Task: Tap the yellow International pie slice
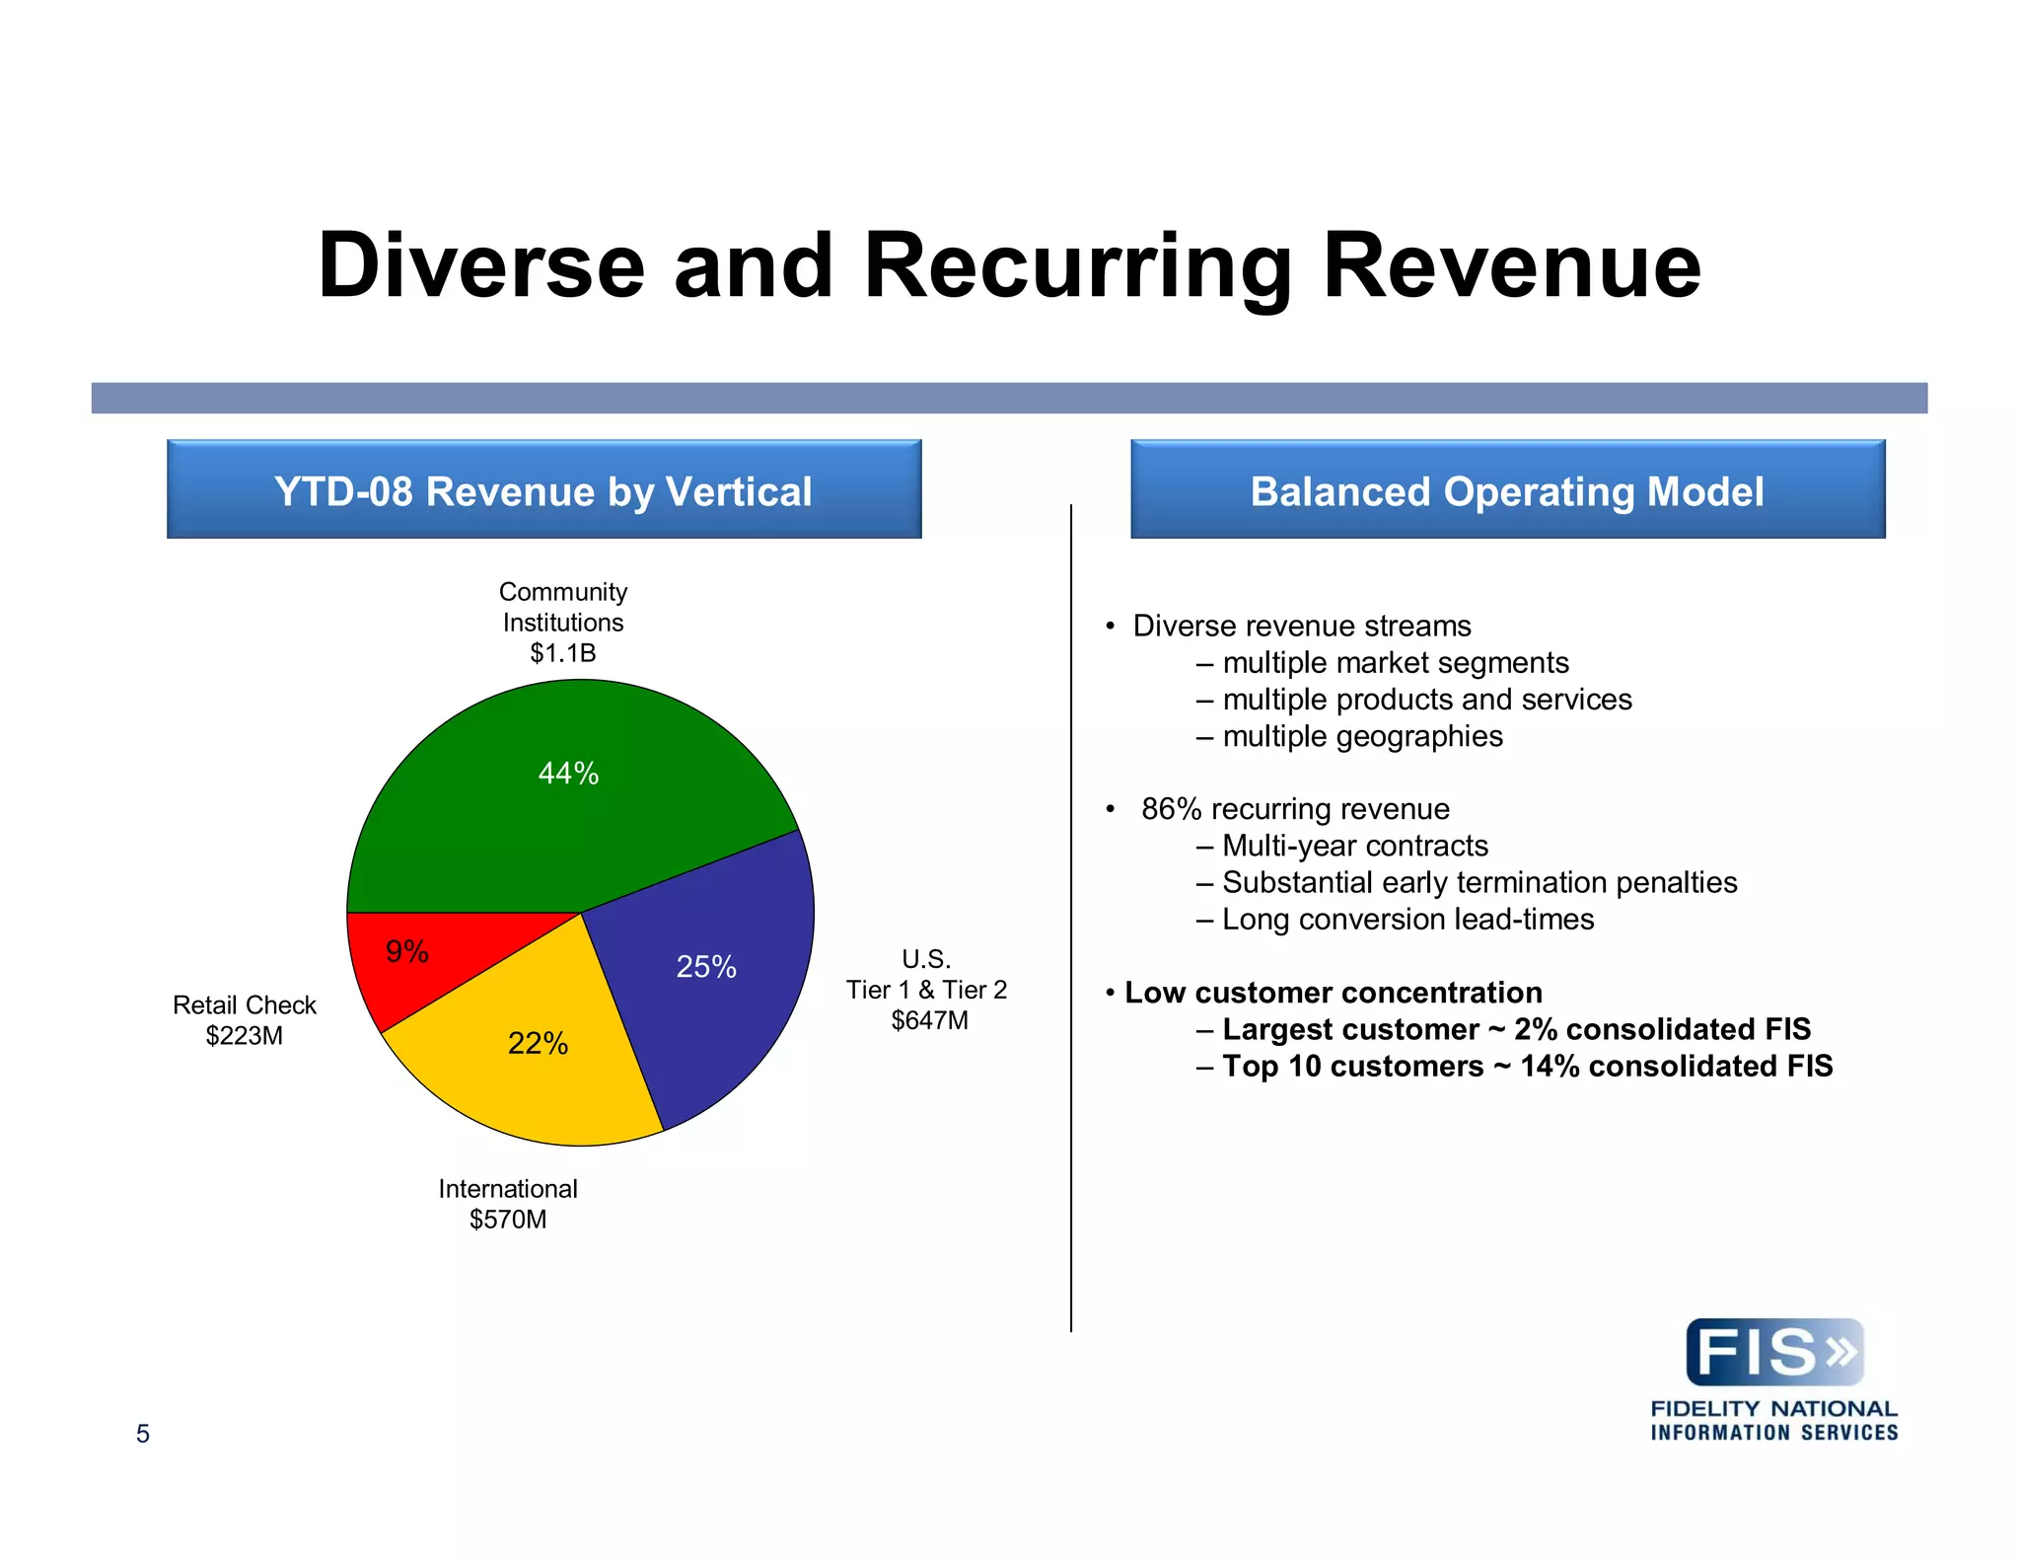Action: [533, 1076]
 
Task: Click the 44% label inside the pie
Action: [568, 774]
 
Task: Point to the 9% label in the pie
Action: [406, 951]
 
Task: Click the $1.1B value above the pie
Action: [562, 653]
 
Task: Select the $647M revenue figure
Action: [929, 1020]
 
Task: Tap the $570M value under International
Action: [507, 1220]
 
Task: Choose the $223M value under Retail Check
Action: [244, 1036]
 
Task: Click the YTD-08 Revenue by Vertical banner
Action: [543, 490]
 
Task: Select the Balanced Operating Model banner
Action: [1507, 490]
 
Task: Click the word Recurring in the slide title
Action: [1078, 266]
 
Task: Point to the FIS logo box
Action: [1774, 1352]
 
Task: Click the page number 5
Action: [143, 1434]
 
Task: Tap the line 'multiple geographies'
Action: [1361, 737]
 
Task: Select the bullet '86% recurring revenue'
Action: [1294, 809]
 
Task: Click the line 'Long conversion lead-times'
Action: [1407, 920]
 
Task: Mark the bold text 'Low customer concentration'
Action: [1333, 993]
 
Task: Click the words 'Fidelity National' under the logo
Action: [1773, 1409]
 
